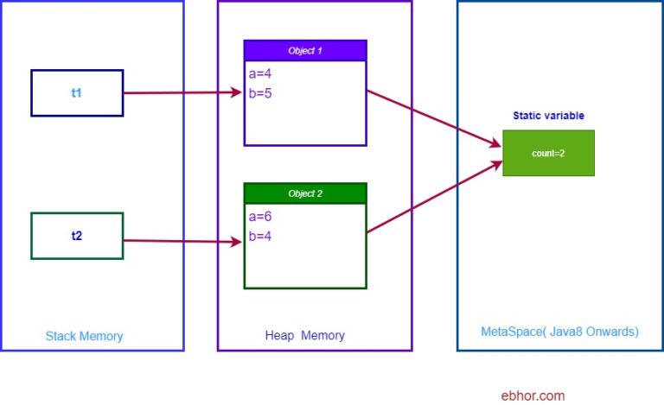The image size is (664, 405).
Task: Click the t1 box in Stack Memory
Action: pyautogui.click(x=77, y=92)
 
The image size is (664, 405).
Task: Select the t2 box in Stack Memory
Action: pyautogui.click(x=77, y=235)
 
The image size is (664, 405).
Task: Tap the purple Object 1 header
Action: pyautogui.click(x=305, y=51)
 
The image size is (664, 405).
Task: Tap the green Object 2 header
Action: pyautogui.click(x=305, y=193)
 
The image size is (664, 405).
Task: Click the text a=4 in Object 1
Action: pyautogui.click(x=260, y=74)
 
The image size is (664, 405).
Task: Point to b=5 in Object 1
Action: pyautogui.click(x=260, y=93)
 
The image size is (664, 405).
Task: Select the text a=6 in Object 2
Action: pyautogui.click(x=260, y=217)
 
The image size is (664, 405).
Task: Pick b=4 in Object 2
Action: pyautogui.click(x=260, y=236)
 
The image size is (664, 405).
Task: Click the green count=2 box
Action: pyautogui.click(x=548, y=153)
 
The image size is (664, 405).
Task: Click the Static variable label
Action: pyautogui.click(x=548, y=115)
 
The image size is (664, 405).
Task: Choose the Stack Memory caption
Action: pyautogui.click(x=84, y=336)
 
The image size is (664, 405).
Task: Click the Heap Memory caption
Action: pyautogui.click(x=304, y=336)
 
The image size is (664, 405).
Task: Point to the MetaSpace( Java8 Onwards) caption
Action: pyautogui.click(x=559, y=332)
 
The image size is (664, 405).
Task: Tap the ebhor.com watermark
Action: pyautogui.click(x=533, y=396)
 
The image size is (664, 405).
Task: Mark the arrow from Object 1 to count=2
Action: pyautogui.click(x=434, y=117)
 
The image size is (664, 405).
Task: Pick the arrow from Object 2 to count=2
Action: pyautogui.click(x=434, y=197)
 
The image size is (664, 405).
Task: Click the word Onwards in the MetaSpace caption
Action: pyautogui.click(x=610, y=332)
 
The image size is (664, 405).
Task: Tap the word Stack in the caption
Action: pyautogui.click(x=60, y=336)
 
